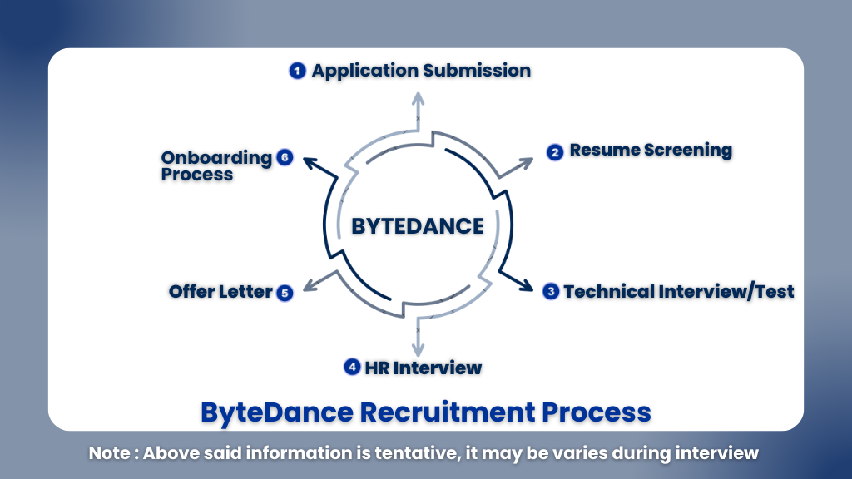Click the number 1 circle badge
pos(297,71)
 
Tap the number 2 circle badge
pos(555,152)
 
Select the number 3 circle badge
pos(551,291)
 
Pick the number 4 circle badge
pos(352,367)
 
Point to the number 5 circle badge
pos(285,292)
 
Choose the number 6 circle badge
pos(285,157)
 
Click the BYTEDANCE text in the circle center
pos(417,225)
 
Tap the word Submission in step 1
pos(476,71)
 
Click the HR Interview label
pos(422,367)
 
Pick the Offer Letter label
pos(220,291)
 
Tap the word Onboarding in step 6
pos(216,157)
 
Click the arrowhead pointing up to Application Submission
pos(418,98)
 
